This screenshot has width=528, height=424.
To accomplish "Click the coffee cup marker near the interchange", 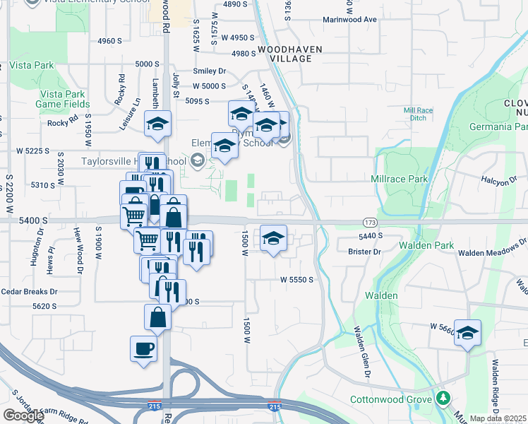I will [x=144, y=349].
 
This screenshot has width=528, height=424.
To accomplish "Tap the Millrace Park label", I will [x=400, y=179].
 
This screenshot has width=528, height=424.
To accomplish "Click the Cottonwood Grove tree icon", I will [x=443, y=397].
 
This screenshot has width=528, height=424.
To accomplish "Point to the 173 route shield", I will [x=370, y=222].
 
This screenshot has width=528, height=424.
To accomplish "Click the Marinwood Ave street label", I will [x=350, y=20].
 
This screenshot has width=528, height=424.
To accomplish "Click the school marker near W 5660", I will [x=467, y=332].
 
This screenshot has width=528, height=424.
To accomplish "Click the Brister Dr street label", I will [x=365, y=252].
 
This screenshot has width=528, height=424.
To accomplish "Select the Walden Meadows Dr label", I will [x=492, y=252].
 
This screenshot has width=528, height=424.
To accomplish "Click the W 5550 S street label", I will [x=296, y=280].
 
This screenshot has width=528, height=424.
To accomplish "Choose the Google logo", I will [x=23, y=416].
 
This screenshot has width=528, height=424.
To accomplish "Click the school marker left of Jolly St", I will [x=158, y=124].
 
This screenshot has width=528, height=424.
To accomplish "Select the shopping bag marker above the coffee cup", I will [x=157, y=317].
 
